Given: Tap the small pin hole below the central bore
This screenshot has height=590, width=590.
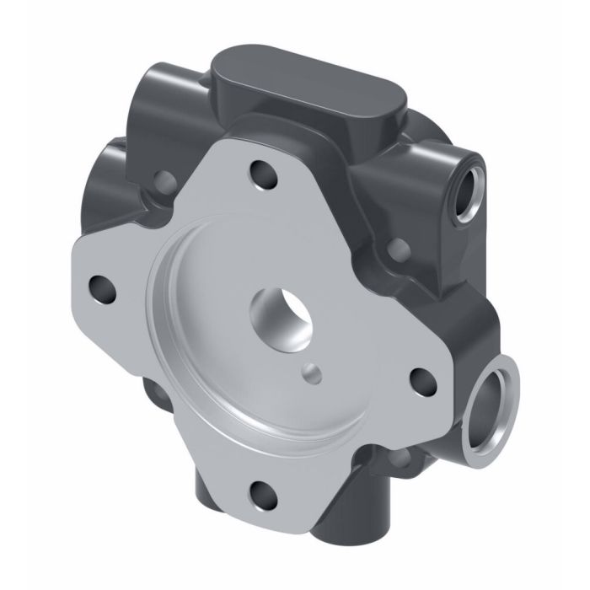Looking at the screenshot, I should pyautogui.click(x=314, y=368).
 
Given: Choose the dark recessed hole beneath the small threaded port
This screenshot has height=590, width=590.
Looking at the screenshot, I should pyautogui.click(x=399, y=249).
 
